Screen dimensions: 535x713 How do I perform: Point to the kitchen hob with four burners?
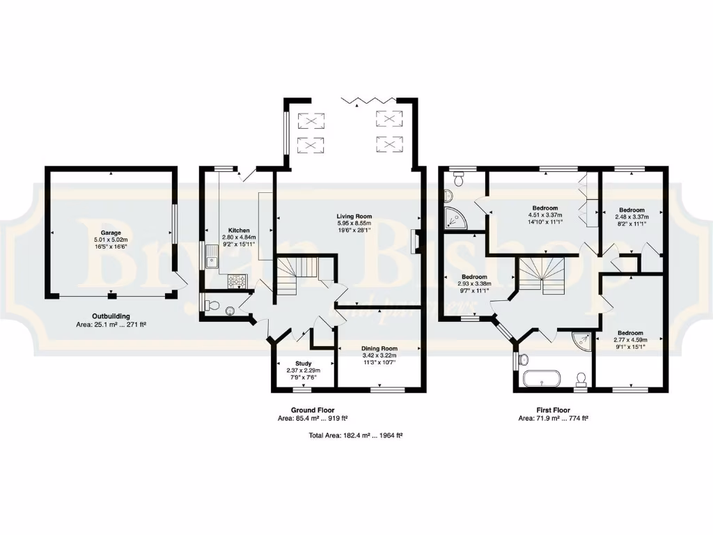[x=237, y=281]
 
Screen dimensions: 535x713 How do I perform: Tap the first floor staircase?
[x=541, y=274]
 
